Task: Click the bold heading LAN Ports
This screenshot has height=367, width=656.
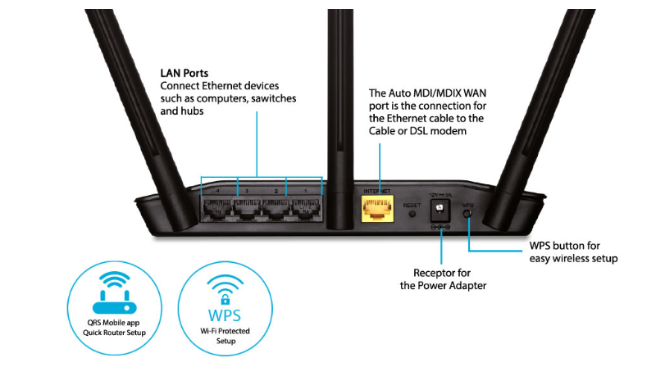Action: [184, 73]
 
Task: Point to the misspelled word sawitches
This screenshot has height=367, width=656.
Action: [271, 98]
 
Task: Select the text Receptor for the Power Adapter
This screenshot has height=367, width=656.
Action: [440, 279]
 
